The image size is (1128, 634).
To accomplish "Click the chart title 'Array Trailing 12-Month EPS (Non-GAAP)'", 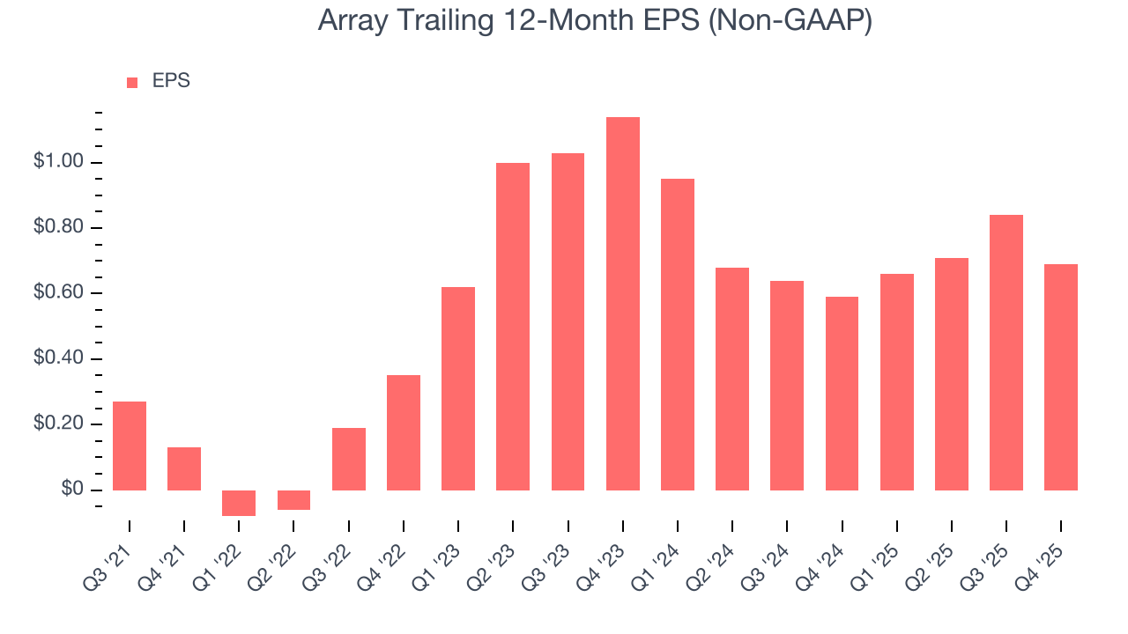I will point(595,21).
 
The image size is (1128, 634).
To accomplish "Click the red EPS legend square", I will point(132,83).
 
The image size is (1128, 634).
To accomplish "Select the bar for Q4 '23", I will point(623,304).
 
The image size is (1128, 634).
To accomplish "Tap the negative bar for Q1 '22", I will point(239,503).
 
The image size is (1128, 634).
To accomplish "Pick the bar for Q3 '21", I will point(130,446).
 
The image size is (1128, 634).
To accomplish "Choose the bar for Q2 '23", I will point(513,327).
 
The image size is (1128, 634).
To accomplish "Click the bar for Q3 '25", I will point(1006,352).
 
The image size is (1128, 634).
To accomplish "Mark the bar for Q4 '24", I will point(842,394).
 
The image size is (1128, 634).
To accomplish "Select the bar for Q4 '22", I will point(404,432).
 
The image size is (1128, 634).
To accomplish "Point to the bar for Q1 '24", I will point(678,335).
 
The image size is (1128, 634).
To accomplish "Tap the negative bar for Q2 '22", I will point(293,500).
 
